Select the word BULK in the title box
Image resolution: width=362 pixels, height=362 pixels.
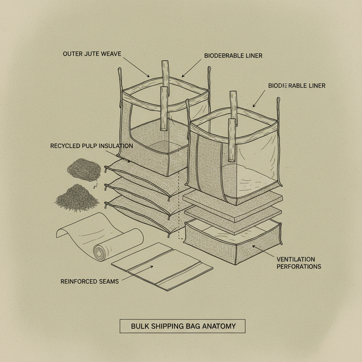(140, 326)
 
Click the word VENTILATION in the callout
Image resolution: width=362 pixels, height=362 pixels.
(296, 259)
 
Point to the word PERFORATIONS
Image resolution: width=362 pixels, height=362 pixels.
(299, 266)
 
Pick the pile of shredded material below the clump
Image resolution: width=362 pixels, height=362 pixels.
(77, 198)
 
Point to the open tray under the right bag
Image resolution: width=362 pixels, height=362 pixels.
(233, 240)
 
